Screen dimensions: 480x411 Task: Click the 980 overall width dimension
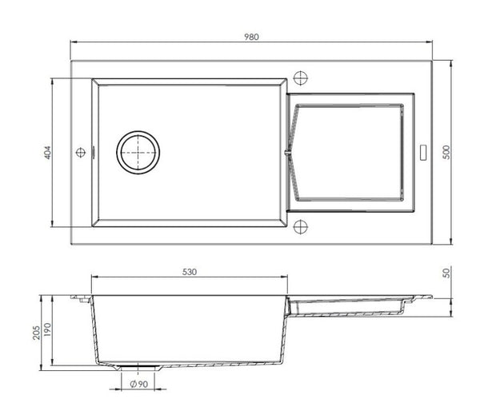[251, 37]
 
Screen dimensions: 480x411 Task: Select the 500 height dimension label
[446, 152]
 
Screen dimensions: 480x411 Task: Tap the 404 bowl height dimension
[48, 153]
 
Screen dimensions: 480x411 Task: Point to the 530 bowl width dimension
[190, 272]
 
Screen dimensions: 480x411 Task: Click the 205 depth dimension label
[37, 333]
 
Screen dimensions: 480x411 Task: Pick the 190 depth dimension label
[47, 329]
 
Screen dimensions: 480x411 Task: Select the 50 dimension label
[446, 273]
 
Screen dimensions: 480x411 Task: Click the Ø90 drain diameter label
[139, 384]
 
